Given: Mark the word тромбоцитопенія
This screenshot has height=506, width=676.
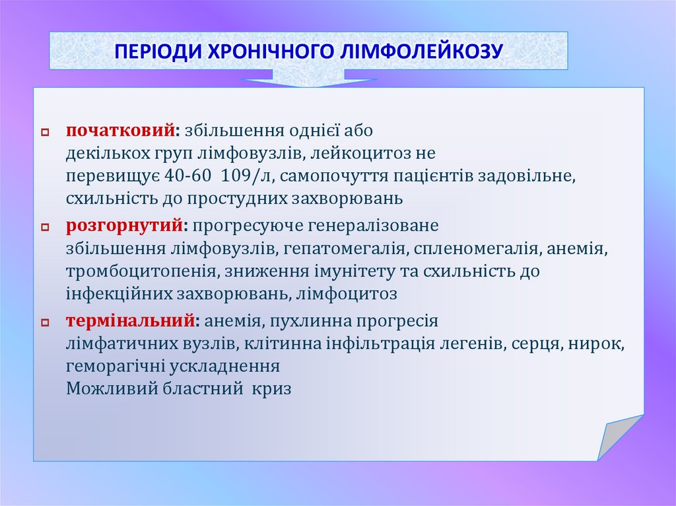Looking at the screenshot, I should [x=142, y=271].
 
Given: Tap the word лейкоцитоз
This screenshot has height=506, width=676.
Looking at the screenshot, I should [x=360, y=154].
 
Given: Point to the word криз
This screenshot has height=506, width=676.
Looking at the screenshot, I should [x=271, y=389].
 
